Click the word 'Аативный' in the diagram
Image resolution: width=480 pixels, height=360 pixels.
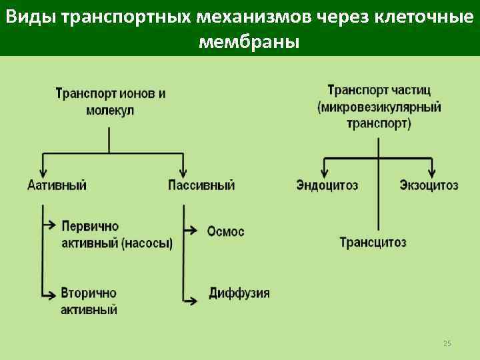tap(57, 185)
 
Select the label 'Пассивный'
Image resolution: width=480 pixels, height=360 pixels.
tap(201, 185)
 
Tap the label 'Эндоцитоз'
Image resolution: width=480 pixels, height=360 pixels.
tap(327, 185)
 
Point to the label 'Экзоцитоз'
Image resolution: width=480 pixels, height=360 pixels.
tap(429, 185)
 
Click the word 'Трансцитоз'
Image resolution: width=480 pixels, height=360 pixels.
tap(373, 242)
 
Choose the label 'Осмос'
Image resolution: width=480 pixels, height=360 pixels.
tap(225, 231)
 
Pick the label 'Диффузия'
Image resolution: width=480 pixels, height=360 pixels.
tap(239, 293)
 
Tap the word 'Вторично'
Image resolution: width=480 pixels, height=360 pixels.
tap(88, 293)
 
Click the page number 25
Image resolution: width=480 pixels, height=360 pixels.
tap(447, 343)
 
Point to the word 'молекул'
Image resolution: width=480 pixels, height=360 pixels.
tap(110, 110)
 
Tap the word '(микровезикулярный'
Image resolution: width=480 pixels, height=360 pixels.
tap(379, 107)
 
